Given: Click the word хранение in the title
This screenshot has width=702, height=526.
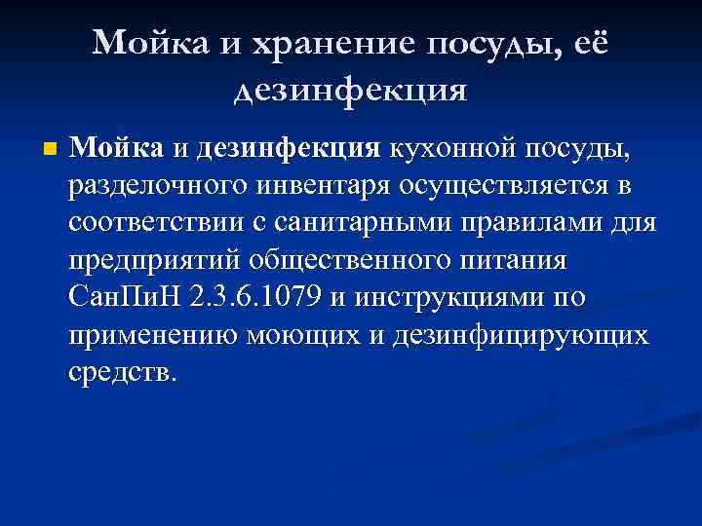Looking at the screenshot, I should (336, 42).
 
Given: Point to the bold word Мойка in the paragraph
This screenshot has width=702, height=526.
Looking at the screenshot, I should (117, 149).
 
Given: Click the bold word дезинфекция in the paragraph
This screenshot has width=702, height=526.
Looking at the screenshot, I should (288, 149).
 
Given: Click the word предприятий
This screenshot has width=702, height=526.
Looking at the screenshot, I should (156, 262).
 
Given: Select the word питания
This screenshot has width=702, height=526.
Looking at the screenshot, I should (511, 262).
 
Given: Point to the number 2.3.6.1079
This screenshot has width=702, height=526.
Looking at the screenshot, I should (256, 299).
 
